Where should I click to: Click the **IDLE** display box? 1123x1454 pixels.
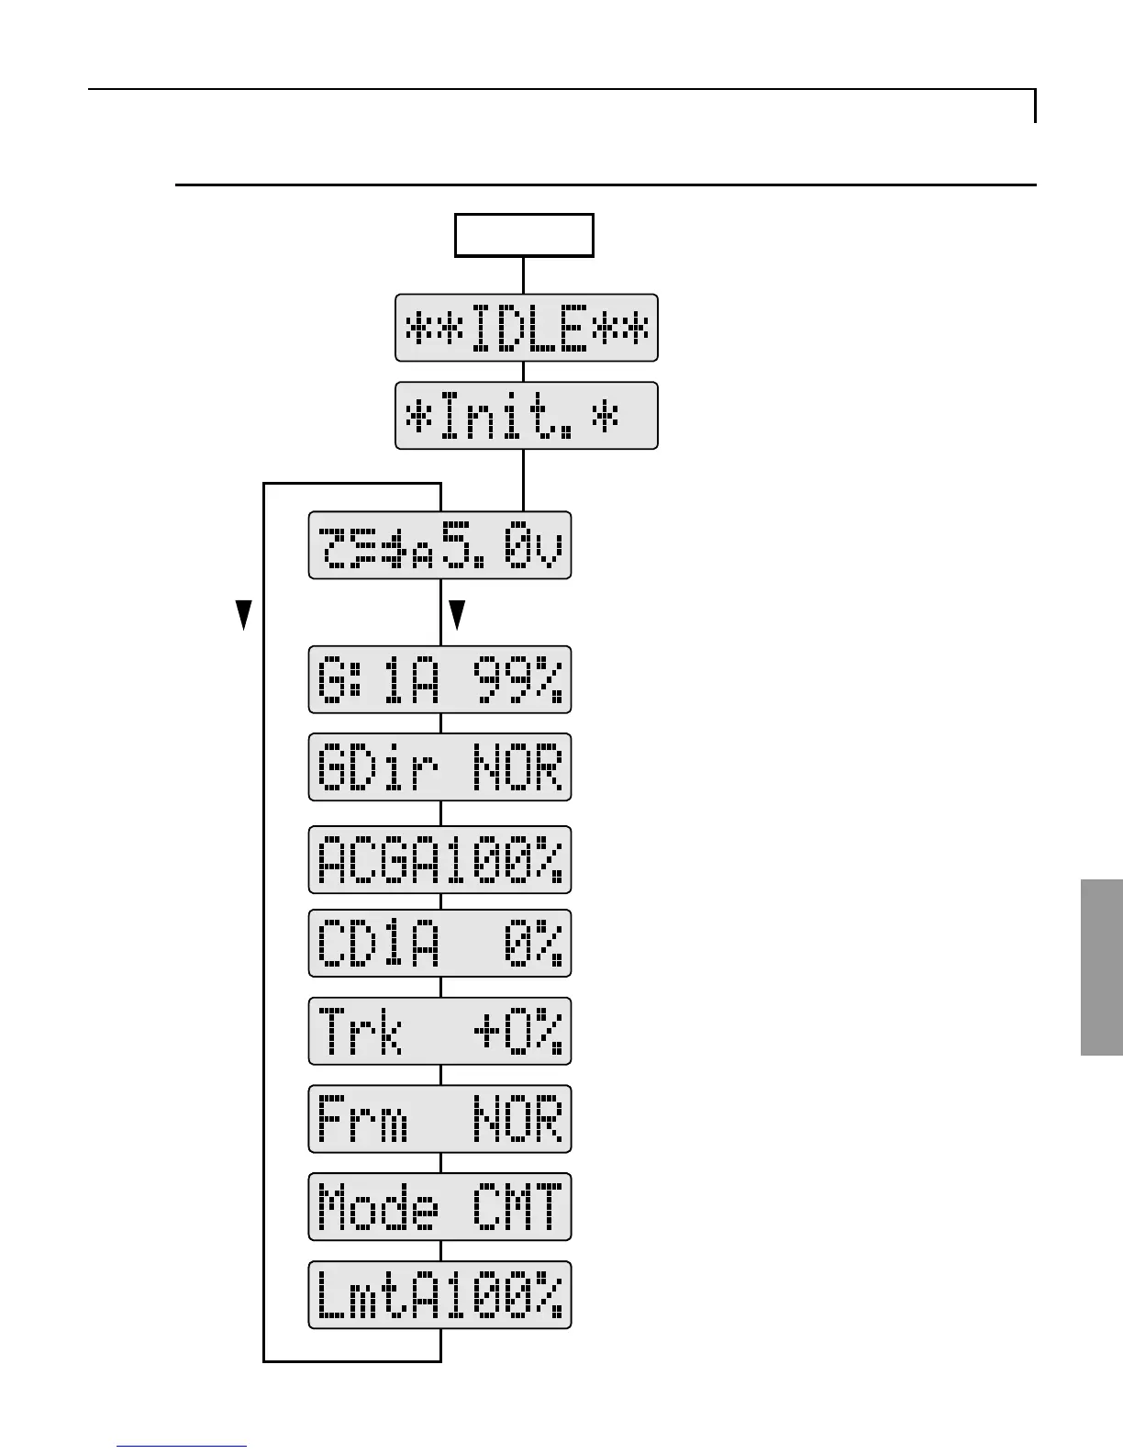coord(527,328)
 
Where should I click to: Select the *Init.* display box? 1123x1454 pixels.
coord(527,416)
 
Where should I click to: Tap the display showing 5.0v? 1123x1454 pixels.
coord(439,545)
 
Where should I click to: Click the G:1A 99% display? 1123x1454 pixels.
coord(439,679)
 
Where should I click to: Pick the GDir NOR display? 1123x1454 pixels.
coord(439,767)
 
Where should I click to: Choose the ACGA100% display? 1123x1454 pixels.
coord(439,859)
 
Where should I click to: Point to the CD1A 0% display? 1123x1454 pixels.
coord(439,943)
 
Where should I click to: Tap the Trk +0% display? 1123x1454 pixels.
coord(439,1031)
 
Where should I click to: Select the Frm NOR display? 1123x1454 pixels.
coord(439,1119)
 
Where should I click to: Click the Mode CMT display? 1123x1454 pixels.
coord(439,1206)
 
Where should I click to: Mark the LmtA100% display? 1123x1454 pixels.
coord(439,1294)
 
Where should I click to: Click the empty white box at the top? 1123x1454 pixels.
coord(524,236)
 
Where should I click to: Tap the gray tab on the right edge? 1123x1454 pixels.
coord(1101,967)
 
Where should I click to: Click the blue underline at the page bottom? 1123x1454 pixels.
coord(182,1447)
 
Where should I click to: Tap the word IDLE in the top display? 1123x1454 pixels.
coord(528,328)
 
